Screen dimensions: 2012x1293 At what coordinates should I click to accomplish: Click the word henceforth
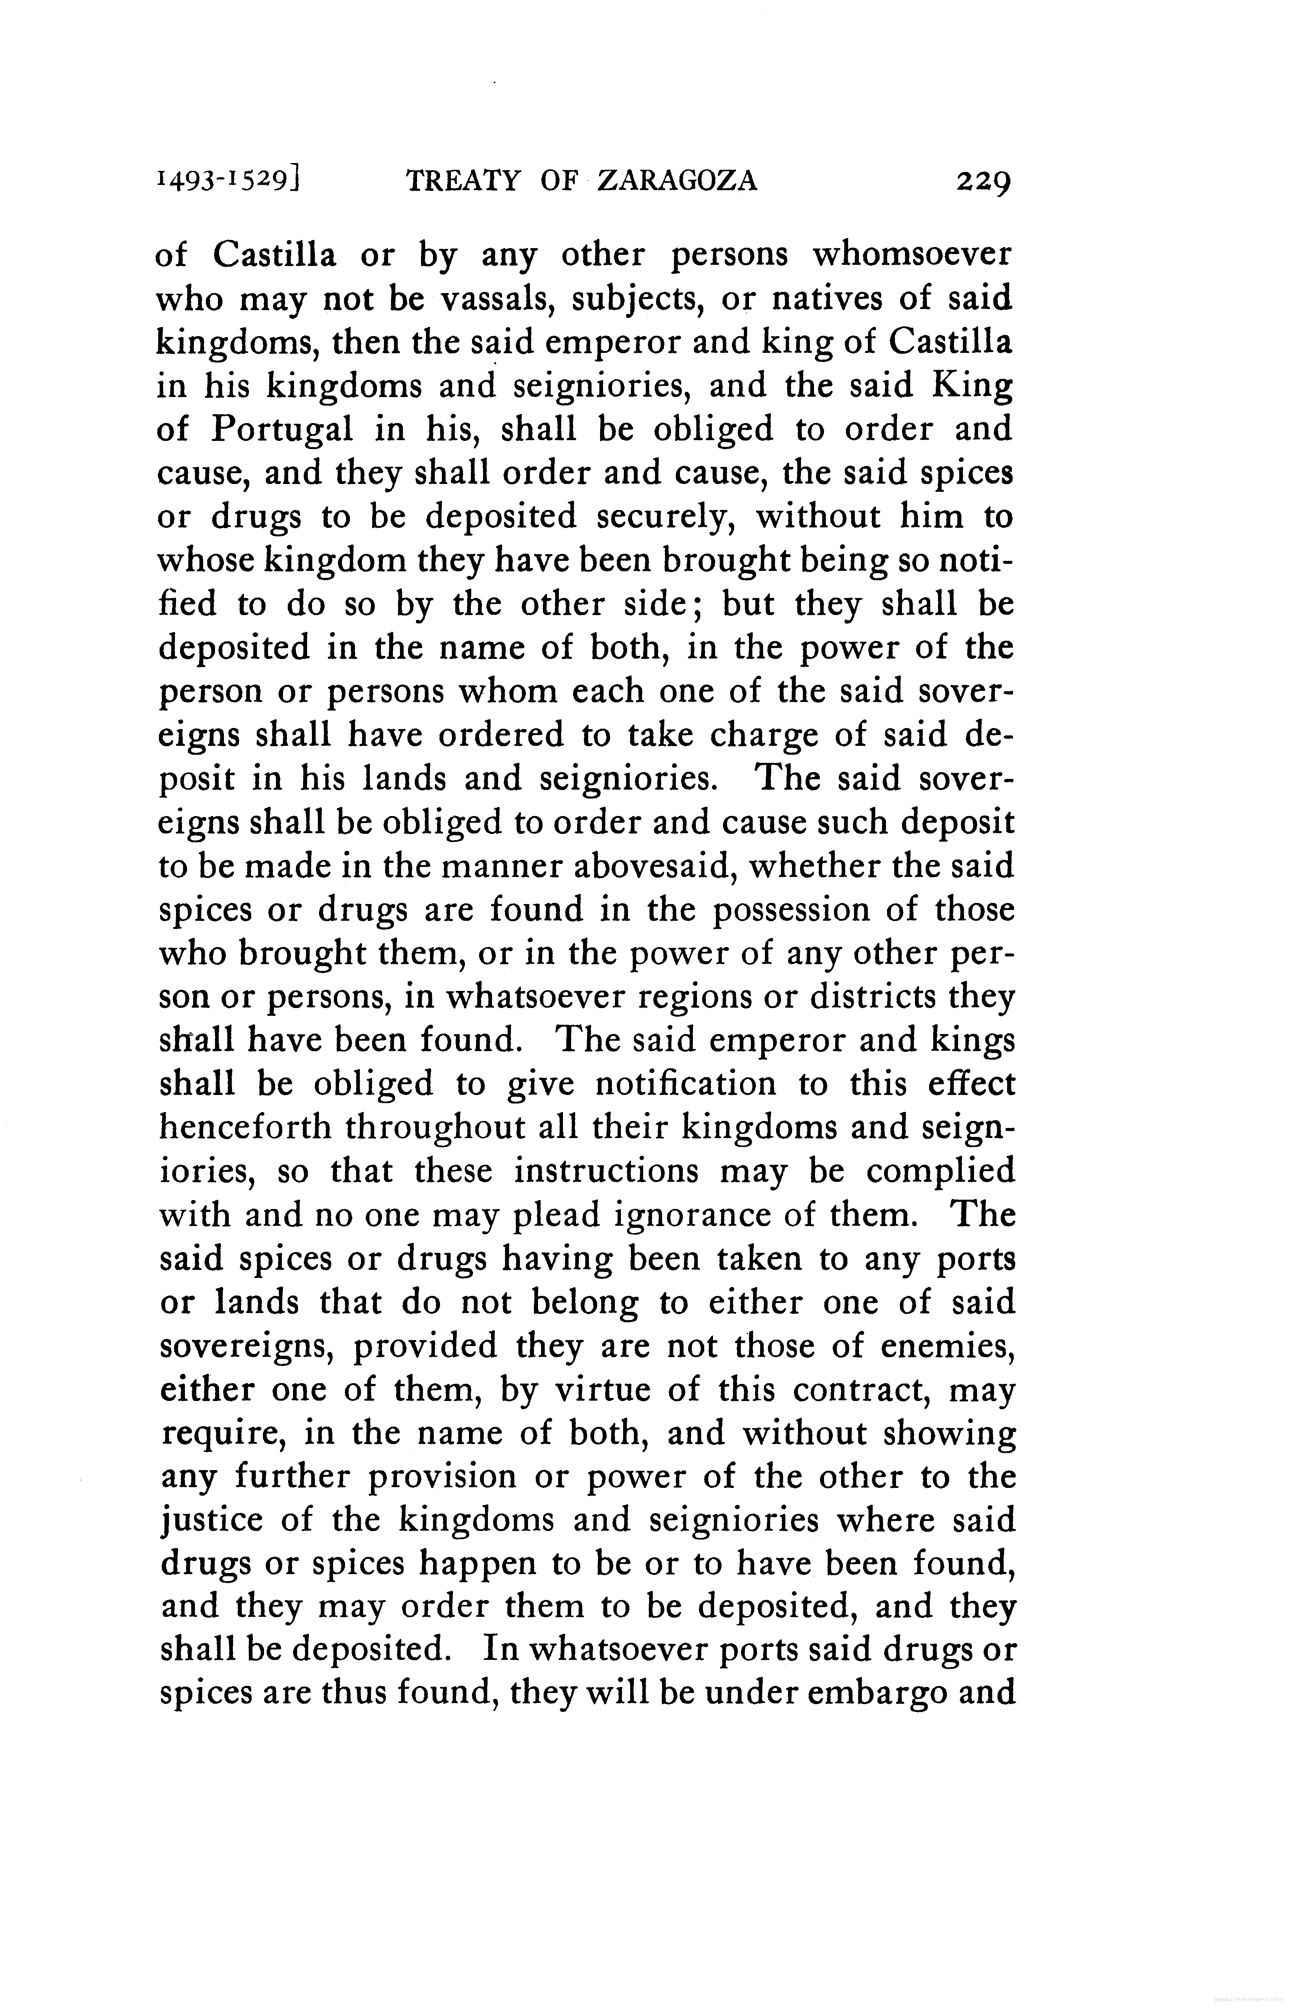click(245, 1128)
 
